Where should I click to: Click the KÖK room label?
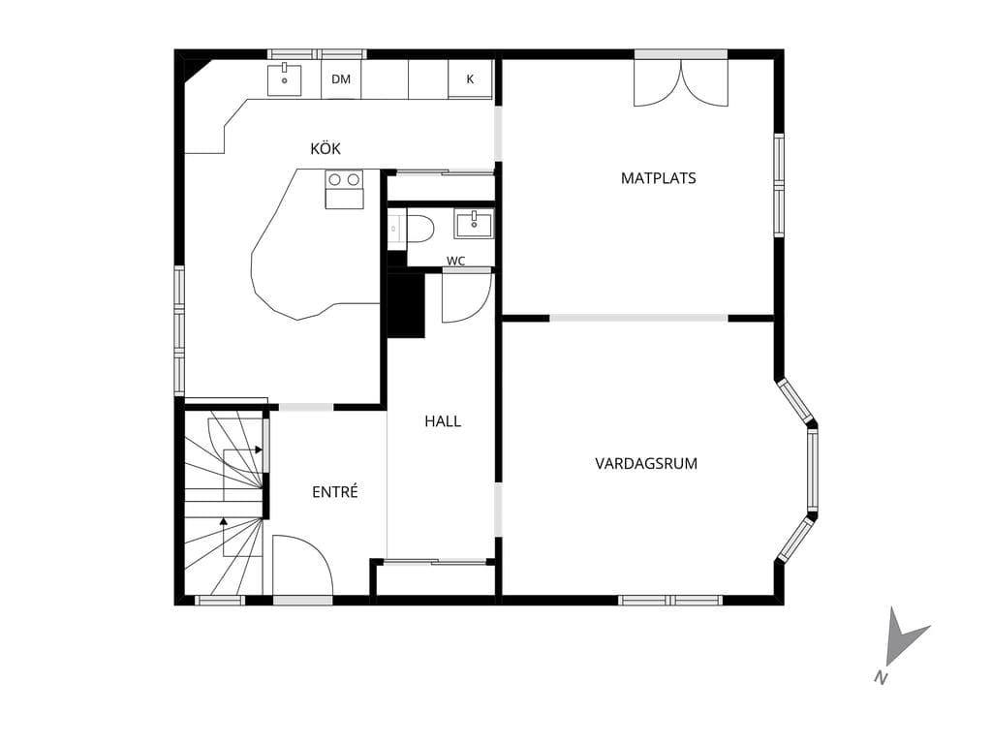click(325, 148)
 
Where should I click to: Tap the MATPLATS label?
click(658, 178)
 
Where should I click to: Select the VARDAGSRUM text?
click(646, 464)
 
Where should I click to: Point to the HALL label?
click(443, 421)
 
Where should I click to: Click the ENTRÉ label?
click(334, 491)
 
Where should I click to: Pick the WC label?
click(455, 261)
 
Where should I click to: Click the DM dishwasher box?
click(341, 79)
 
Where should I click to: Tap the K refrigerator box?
click(470, 79)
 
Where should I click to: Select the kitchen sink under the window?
click(284, 79)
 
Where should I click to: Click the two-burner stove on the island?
click(344, 189)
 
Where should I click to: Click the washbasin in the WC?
click(474, 224)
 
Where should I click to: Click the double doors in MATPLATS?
click(681, 83)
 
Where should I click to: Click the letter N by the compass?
click(880, 676)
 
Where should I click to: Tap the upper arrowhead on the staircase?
click(258, 449)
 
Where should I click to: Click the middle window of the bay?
click(813, 469)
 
